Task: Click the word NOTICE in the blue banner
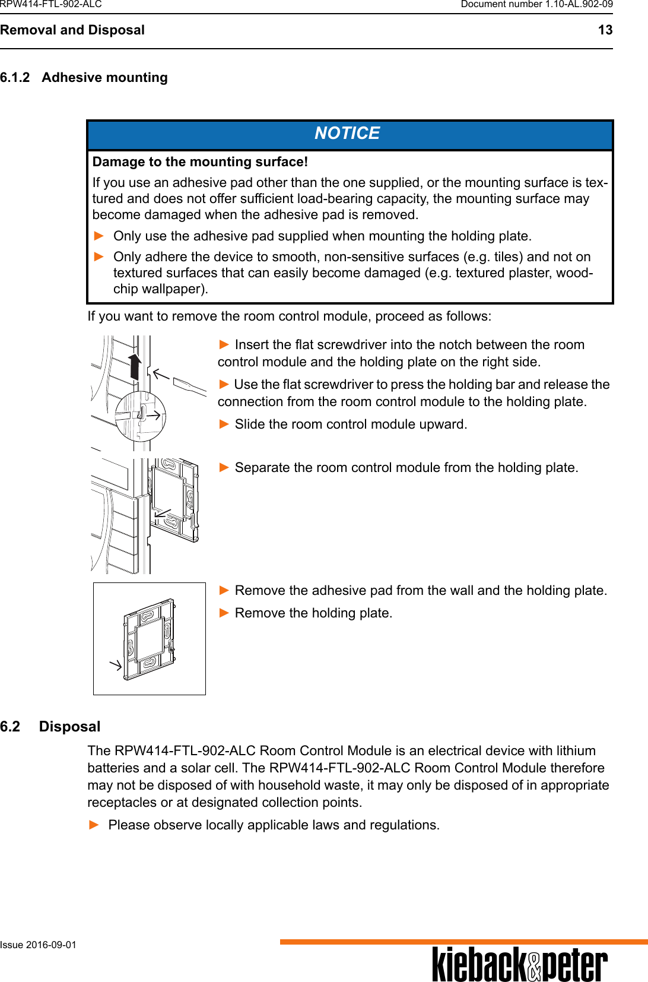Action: pyautogui.click(x=347, y=134)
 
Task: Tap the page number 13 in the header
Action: pyautogui.click(x=605, y=30)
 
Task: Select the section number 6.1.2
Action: pyautogui.click(x=15, y=78)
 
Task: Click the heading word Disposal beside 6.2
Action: pyautogui.click(x=69, y=727)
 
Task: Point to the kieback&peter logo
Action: pyautogui.click(x=519, y=965)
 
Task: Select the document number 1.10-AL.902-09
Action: pyautogui.click(x=579, y=5)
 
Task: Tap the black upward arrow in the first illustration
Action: pyautogui.click(x=135, y=366)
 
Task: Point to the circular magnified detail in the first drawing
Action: pyautogui.click(x=140, y=416)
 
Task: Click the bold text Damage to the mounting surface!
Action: pyautogui.click(x=200, y=162)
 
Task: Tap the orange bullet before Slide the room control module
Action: pyautogui.click(x=224, y=424)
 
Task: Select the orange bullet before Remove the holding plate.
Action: pyautogui.click(x=224, y=613)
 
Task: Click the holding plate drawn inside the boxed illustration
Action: pyautogui.click(x=149, y=639)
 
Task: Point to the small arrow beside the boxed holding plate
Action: pyautogui.click(x=116, y=664)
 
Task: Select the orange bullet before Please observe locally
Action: pyautogui.click(x=94, y=825)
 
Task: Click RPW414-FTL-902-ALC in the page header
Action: pyautogui.click(x=51, y=5)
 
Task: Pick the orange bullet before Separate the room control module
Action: pyautogui.click(x=224, y=467)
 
